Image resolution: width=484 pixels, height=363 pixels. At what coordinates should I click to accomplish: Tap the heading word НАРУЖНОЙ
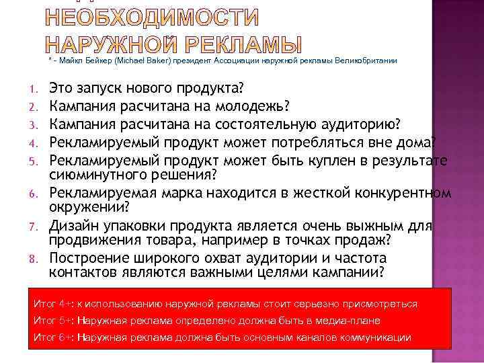point(102,44)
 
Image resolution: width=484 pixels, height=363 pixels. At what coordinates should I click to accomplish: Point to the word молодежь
point(253,106)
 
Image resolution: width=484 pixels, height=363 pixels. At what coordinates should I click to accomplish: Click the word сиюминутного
point(97,175)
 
